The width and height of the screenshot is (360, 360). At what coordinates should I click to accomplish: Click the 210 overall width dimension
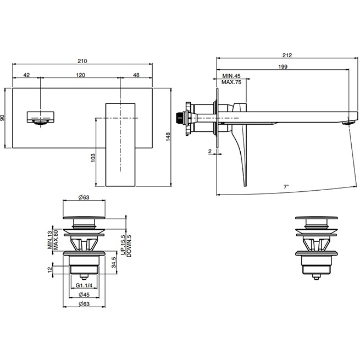[82, 61]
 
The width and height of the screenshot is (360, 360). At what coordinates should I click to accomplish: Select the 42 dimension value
[26, 75]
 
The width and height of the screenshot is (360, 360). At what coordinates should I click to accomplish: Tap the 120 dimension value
[81, 75]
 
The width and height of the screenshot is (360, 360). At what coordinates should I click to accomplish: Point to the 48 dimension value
[136, 75]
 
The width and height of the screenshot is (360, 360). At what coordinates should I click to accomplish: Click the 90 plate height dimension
[3, 118]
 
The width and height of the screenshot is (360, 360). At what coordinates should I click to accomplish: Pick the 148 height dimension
[168, 136]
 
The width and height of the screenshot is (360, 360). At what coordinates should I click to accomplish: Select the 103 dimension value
[93, 158]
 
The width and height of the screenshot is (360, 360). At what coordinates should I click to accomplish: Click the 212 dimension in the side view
[287, 55]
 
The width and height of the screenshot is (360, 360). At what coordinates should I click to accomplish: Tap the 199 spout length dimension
[283, 67]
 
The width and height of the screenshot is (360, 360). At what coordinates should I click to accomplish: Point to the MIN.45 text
[231, 76]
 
